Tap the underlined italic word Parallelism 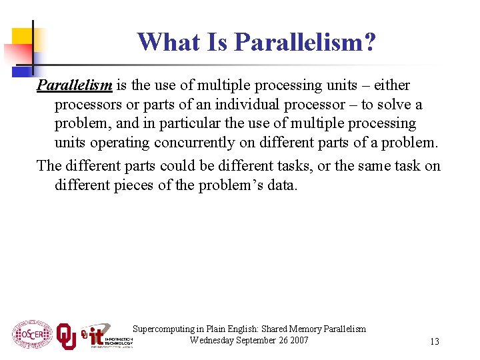coord(75,85)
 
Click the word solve coord(393,105)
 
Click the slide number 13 coord(434,341)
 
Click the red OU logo coord(65,336)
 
